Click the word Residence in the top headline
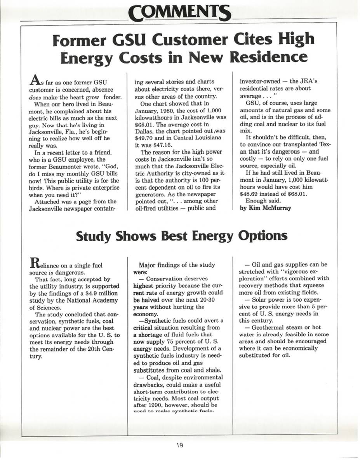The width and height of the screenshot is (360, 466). (270, 57)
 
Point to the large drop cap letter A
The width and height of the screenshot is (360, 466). (35, 80)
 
